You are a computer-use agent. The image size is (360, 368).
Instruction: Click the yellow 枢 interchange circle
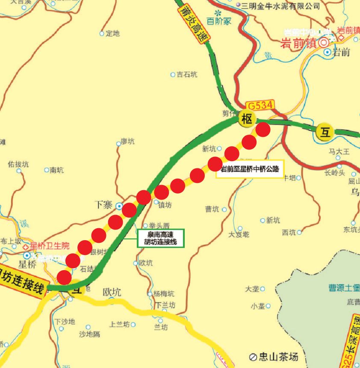click(x=247, y=119)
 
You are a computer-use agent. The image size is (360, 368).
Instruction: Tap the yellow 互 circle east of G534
click(x=325, y=132)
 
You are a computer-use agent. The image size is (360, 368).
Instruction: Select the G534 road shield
click(x=260, y=105)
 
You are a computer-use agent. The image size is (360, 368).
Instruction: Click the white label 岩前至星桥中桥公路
click(x=250, y=170)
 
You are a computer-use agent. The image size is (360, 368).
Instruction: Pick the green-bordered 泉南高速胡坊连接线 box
click(x=160, y=238)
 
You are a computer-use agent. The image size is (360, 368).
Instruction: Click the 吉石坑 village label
click(x=187, y=74)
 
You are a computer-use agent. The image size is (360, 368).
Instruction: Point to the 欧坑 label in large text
click(x=112, y=292)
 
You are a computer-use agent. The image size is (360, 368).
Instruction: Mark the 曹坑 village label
click(x=212, y=209)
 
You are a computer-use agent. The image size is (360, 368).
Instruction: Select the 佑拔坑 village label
click(x=18, y=164)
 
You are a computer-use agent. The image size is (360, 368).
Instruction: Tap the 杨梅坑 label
click(x=164, y=294)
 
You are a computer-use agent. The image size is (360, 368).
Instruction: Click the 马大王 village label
click(x=339, y=151)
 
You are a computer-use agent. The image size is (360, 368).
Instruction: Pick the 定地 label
click(x=112, y=33)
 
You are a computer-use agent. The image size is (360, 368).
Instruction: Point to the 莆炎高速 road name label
click(x=193, y=22)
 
